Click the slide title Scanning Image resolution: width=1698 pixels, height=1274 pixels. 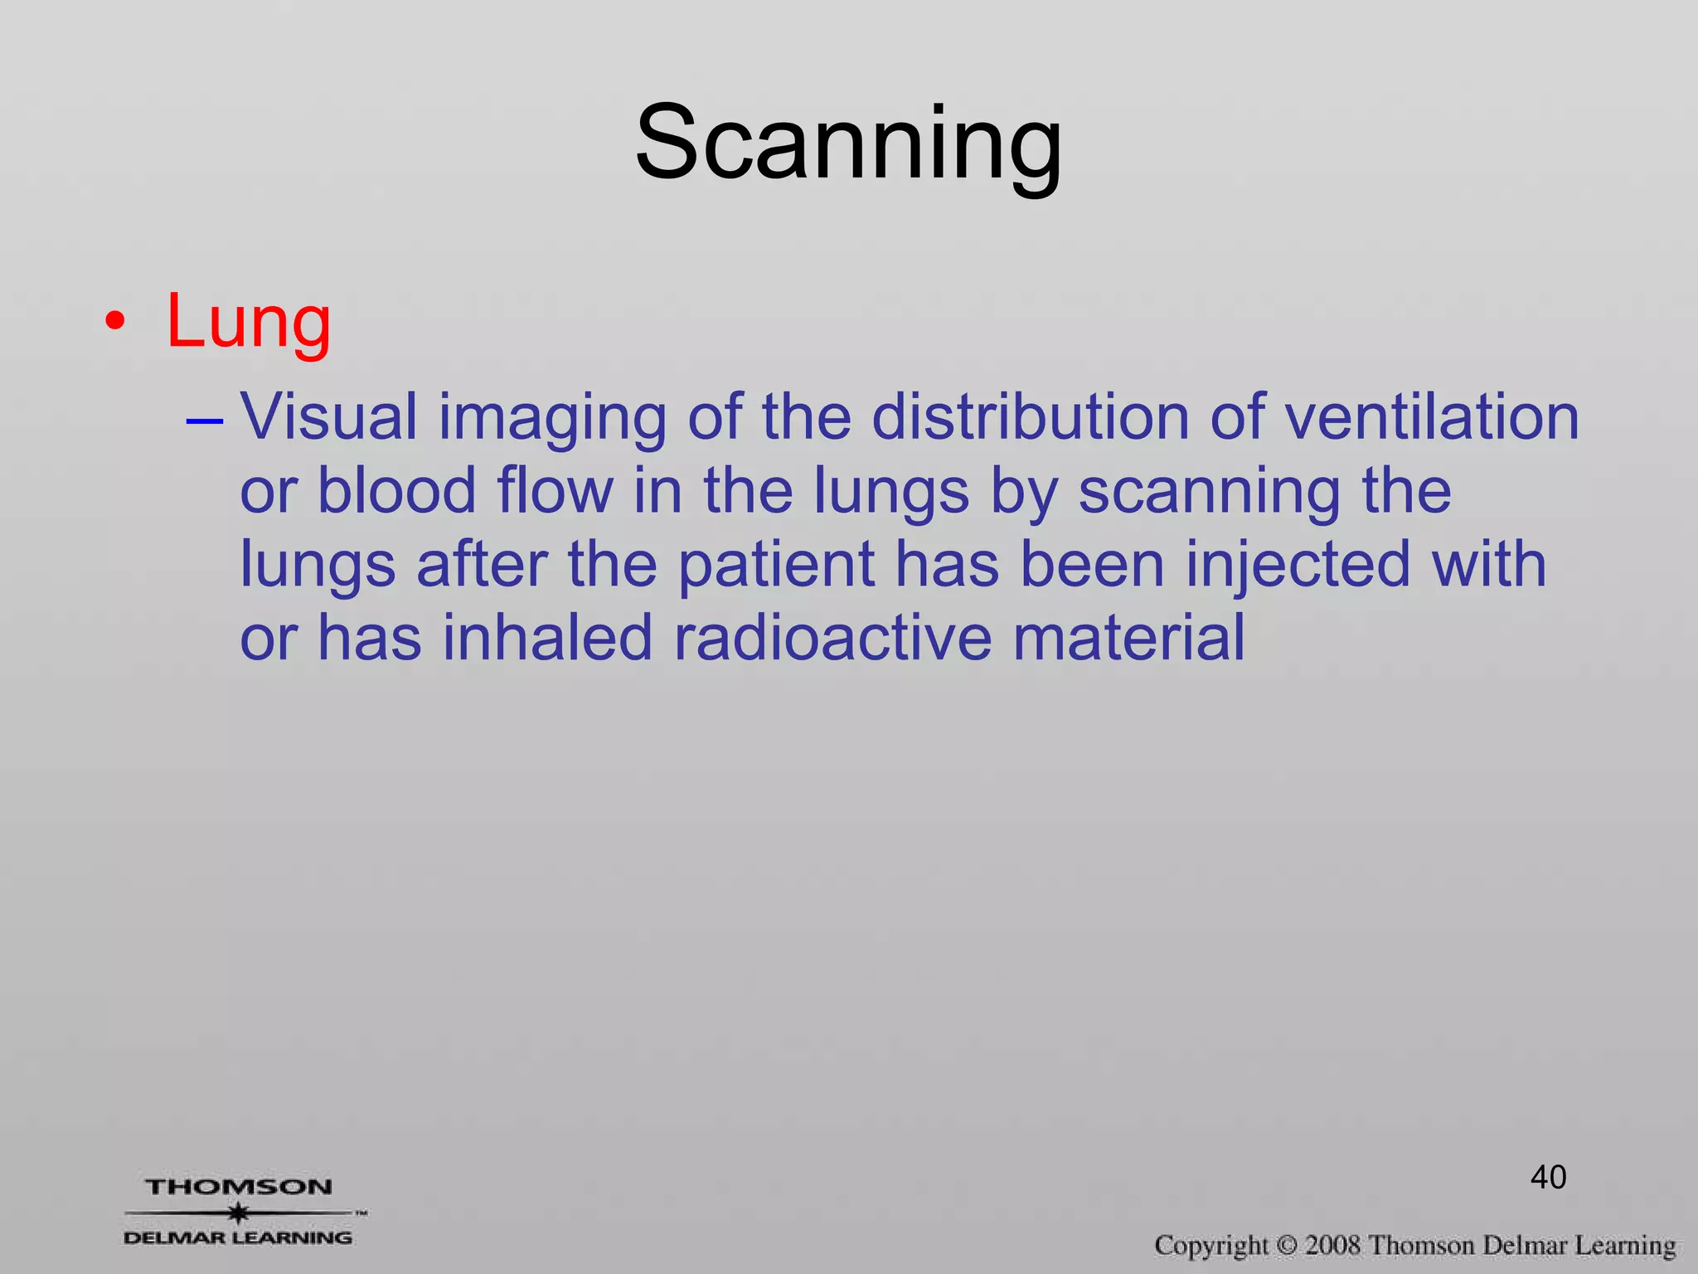click(848, 143)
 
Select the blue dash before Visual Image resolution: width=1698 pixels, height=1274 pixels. click(205, 421)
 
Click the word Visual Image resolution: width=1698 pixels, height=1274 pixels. click(328, 416)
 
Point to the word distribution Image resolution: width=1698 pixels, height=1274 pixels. click(1031, 416)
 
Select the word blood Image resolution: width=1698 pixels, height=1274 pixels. click(396, 490)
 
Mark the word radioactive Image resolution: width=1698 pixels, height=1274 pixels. click(832, 638)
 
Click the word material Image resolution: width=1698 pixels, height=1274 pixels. click(1128, 638)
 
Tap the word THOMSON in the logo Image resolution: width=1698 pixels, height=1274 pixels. click(239, 1187)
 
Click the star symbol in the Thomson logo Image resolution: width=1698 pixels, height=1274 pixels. click(239, 1213)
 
